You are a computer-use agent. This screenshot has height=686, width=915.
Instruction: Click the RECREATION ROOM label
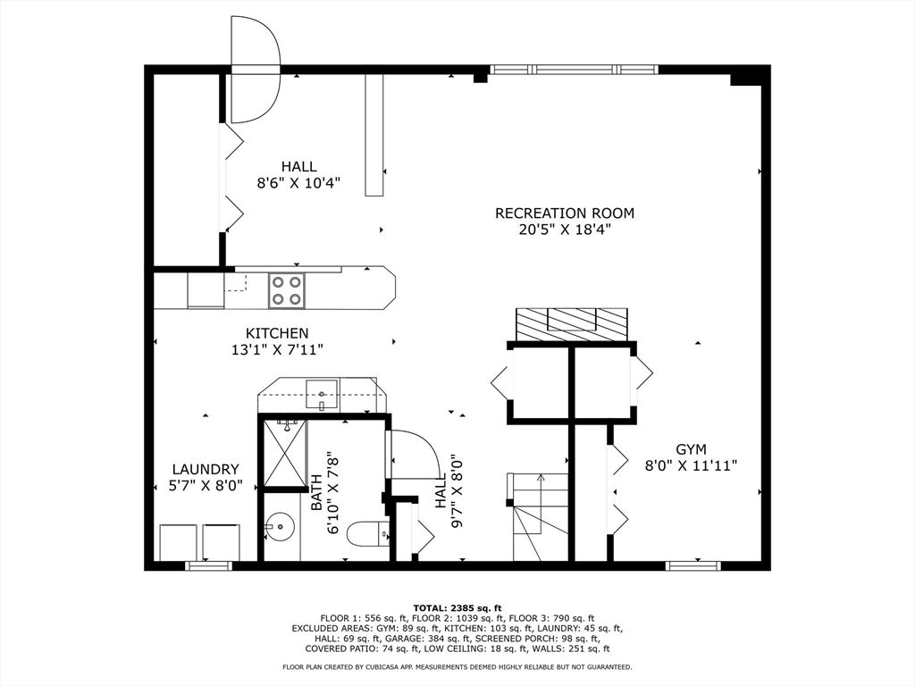click(x=565, y=213)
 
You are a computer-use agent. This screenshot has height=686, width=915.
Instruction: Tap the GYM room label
click(x=691, y=448)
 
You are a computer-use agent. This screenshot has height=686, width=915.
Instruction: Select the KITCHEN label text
click(x=277, y=333)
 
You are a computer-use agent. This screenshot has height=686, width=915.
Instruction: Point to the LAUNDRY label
click(x=206, y=469)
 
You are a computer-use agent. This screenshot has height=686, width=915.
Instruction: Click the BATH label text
click(x=316, y=492)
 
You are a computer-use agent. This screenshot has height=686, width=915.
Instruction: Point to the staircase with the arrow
click(x=540, y=516)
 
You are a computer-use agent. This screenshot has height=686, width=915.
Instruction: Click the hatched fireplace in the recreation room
click(x=572, y=323)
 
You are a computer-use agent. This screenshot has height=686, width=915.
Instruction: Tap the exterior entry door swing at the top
click(x=255, y=68)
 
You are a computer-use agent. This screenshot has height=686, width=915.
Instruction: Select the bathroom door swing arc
click(x=413, y=455)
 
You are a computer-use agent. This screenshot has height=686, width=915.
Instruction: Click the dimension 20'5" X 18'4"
click(x=565, y=230)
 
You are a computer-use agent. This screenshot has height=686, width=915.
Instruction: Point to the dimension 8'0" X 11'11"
click(x=691, y=465)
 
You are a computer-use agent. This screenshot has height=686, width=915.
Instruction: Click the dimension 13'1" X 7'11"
click(x=277, y=350)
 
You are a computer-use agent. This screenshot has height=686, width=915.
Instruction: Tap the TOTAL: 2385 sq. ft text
click(x=457, y=607)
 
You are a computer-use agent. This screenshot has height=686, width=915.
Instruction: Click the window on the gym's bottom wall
click(x=693, y=565)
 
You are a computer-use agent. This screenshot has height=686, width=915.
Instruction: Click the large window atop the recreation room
click(x=573, y=69)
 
